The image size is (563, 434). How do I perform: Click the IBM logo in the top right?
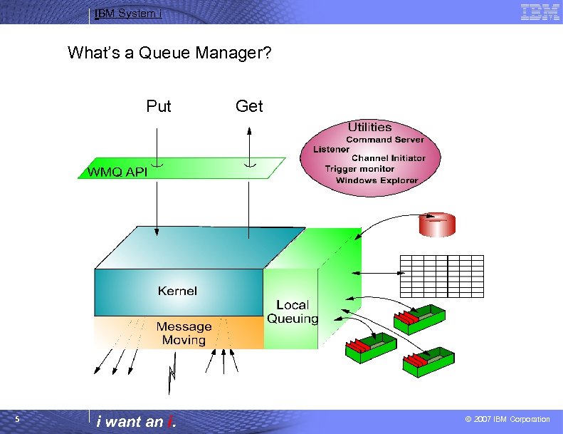[x=540, y=12]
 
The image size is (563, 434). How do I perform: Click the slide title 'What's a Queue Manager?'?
[x=169, y=53]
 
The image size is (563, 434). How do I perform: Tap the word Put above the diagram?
[x=159, y=107]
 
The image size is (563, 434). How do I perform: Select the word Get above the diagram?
[x=249, y=107]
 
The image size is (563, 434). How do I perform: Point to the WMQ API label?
[x=117, y=172]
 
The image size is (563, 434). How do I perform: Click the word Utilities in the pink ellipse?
[x=369, y=128]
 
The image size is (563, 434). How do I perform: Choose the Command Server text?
[x=384, y=140]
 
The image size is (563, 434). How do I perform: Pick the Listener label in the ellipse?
[x=331, y=150]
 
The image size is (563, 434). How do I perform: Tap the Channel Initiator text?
[x=389, y=158]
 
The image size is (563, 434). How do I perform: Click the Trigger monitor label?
[x=359, y=169]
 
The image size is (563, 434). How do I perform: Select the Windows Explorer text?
[x=377, y=180]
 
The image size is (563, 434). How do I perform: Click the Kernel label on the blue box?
[x=178, y=291]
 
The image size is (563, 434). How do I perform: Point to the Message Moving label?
[x=184, y=334]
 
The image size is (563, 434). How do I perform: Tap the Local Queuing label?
[x=293, y=312]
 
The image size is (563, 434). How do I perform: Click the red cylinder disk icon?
[x=436, y=224]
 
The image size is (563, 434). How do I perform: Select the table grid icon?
[x=441, y=276]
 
